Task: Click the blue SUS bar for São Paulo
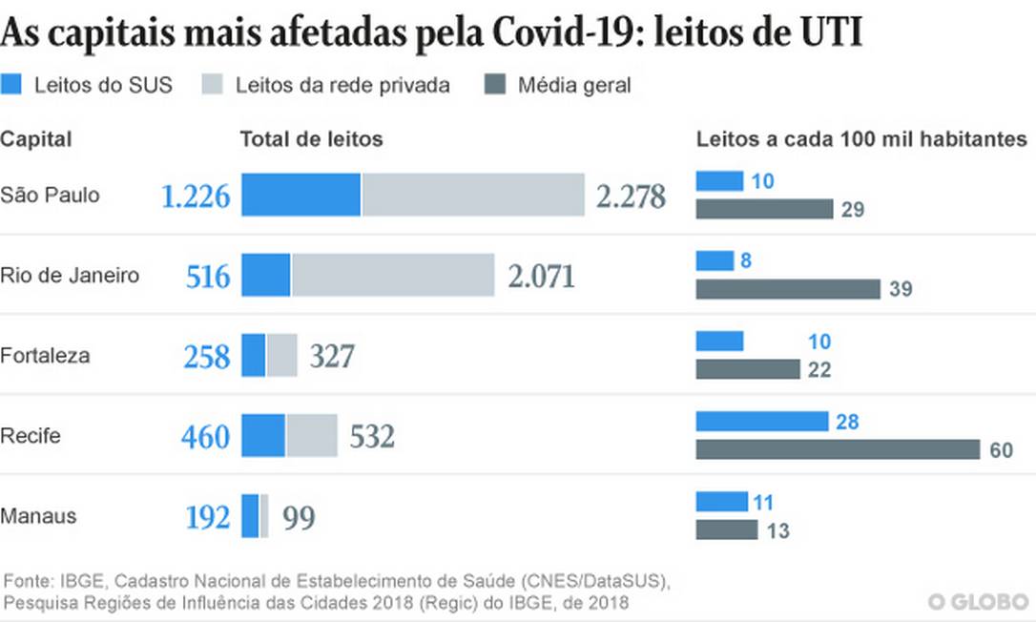click(x=300, y=195)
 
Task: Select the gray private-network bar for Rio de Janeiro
click(x=393, y=276)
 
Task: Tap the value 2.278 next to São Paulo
click(x=631, y=197)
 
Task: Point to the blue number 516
click(x=208, y=277)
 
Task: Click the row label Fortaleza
click(x=45, y=356)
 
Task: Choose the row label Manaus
click(x=38, y=516)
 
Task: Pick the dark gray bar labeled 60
click(x=838, y=449)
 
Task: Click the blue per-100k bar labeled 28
click(x=761, y=421)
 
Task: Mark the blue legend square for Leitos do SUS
click(x=12, y=84)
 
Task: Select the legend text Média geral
click(x=574, y=85)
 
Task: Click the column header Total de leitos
click(x=311, y=139)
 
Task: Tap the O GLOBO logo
click(x=978, y=602)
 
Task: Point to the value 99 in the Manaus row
click(x=299, y=518)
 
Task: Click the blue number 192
click(x=207, y=517)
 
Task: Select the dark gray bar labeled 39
click(x=787, y=289)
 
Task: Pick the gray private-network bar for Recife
click(x=312, y=436)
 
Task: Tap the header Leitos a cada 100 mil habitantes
click(x=861, y=139)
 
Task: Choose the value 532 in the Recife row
click(x=372, y=437)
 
